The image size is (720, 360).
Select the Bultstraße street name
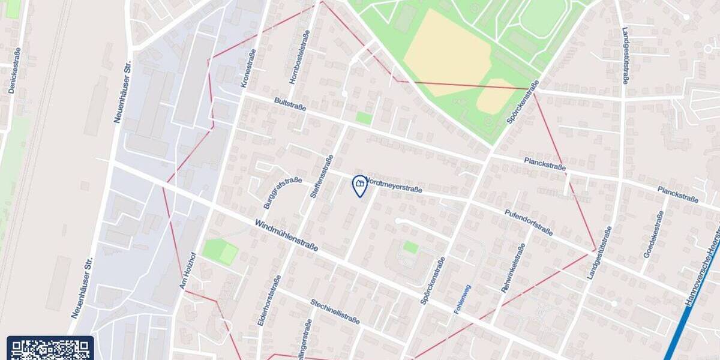[290, 104]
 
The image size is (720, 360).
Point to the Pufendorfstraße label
[529, 223]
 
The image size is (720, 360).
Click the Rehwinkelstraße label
[513, 268]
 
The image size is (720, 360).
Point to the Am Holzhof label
[188, 271]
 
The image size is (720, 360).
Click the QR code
[50, 349]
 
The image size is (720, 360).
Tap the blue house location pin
[359, 186]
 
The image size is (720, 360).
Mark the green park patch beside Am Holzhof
[220, 252]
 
